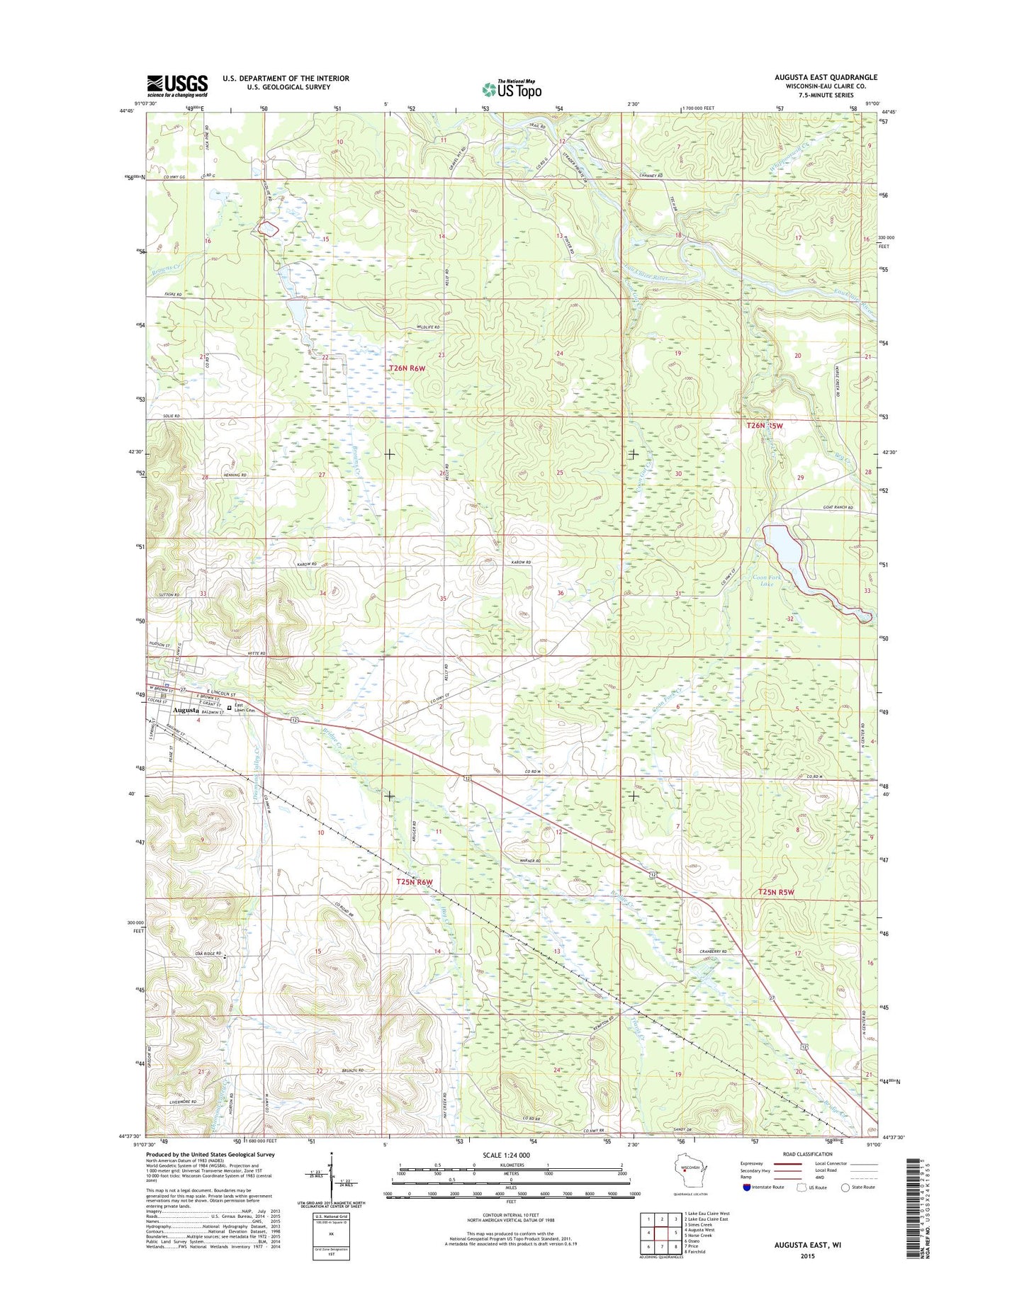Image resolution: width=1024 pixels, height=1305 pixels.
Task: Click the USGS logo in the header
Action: [177, 85]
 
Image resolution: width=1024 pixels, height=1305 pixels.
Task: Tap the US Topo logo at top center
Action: [512, 89]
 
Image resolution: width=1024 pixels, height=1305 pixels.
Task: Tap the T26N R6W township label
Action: [409, 368]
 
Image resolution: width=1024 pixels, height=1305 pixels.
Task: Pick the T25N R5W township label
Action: [776, 893]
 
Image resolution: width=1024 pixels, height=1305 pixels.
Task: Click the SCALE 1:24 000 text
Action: [505, 1156]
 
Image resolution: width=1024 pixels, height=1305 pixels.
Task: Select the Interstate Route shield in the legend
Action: [747, 1187]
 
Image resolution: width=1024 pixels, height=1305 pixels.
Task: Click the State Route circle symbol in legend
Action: [845, 1187]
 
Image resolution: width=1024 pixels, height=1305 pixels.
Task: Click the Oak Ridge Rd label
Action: [208, 954]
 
